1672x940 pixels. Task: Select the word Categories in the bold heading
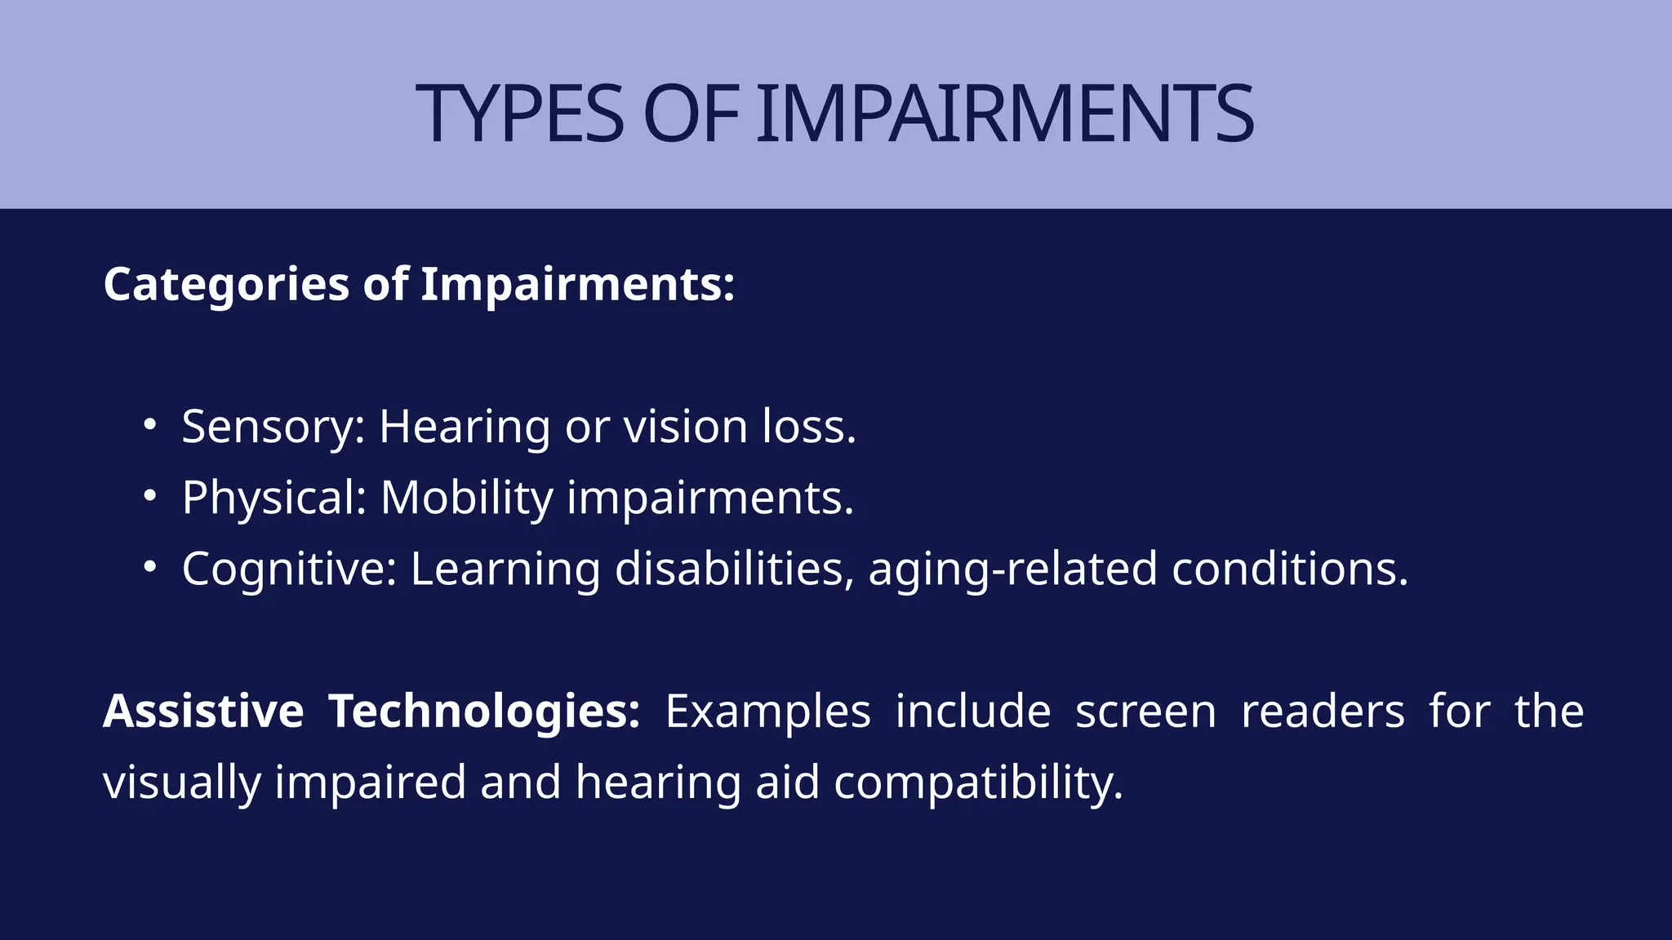[226, 285]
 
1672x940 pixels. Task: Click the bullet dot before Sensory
[149, 424]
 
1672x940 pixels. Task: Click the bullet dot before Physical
[149, 495]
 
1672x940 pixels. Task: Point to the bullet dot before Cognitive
[149, 566]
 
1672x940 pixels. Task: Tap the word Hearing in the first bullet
[465, 427]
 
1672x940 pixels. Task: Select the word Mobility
[467, 498]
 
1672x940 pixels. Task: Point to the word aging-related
[1013, 569]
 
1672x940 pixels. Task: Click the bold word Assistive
[203, 711]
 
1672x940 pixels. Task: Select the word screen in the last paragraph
[1145, 711]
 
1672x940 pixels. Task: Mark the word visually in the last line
[182, 783]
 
